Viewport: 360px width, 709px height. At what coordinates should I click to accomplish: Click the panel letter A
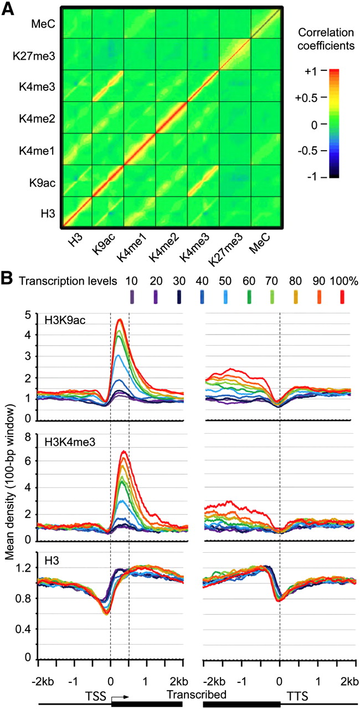(x=9, y=10)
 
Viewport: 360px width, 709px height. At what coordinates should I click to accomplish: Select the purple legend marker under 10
(x=132, y=302)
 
